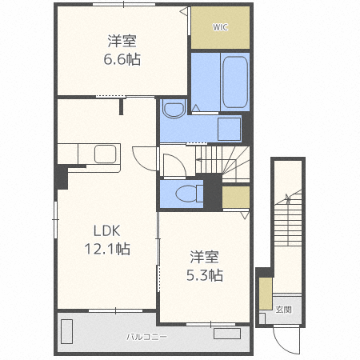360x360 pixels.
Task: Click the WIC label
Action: click(220, 27)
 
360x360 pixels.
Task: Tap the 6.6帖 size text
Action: click(122, 59)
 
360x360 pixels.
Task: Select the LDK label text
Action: click(107, 231)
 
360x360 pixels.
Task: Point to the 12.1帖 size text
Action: click(107, 249)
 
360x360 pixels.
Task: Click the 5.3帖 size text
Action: click(205, 275)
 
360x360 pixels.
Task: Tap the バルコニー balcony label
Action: click(146, 337)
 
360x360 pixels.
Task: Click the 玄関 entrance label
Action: click(283, 310)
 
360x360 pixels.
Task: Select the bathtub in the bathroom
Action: click(235, 82)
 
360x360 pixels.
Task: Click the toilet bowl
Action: click(190, 194)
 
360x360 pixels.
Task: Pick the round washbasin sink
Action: click(174, 110)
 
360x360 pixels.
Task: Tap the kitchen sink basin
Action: click(106, 154)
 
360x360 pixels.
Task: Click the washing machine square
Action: click(229, 129)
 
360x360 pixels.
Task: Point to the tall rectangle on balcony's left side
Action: click(66, 331)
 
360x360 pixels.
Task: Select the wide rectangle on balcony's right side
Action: click(227, 334)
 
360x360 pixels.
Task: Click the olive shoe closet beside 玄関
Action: click(266, 294)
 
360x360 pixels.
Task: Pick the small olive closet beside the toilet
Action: click(236, 197)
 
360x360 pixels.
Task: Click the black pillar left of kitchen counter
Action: click(62, 178)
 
